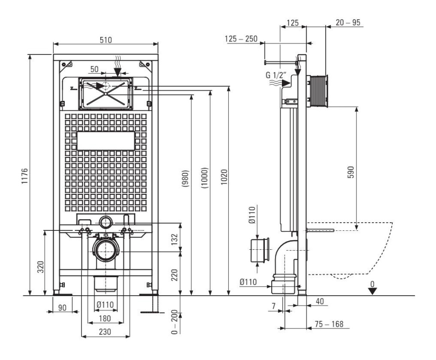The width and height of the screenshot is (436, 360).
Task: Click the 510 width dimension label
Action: click(x=106, y=40)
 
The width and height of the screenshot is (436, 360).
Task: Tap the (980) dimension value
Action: click(x=186, y=178)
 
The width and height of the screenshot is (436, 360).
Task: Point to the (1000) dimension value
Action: click(x=204, y=178)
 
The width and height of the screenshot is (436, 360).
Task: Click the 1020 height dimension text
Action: click(x=224, y=177)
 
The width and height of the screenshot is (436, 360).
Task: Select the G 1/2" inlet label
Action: click(x=276, y=75)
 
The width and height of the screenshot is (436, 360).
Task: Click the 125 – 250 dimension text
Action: click(x=241, y=39)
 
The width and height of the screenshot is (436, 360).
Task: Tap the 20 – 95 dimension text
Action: click(x=348, y=22)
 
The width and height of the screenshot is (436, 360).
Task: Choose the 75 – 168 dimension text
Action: click(x=329, y=324)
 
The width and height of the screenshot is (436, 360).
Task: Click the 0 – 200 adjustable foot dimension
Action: click(x=174, y=322)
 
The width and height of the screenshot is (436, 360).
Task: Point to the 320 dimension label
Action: click(x=41, y=267)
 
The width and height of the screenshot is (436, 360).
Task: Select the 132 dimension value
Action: click(x=174, y=239)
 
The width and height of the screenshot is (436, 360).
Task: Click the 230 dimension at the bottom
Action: click(x=105, y=332)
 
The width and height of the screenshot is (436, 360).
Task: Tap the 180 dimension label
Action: click(x=105, y=318)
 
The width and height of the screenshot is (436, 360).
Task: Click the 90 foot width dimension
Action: click(x=63, y=307)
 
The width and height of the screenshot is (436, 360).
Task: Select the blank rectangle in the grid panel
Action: click(x=106, y=141)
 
